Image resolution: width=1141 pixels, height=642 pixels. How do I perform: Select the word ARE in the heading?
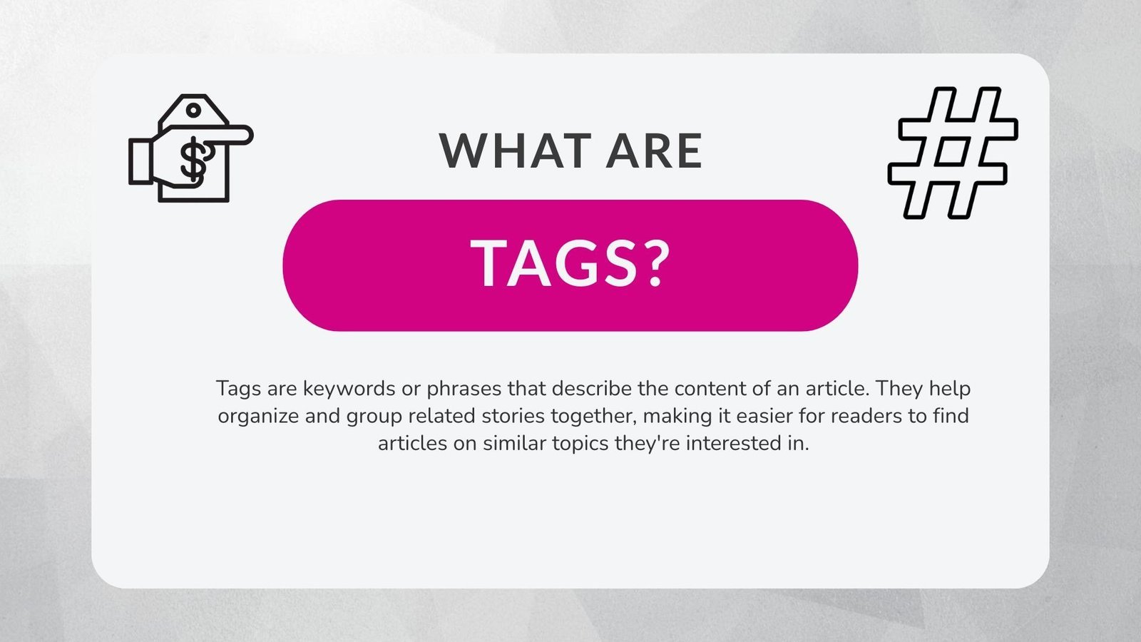click(655, 151)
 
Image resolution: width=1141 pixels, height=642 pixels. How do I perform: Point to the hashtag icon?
click(953, 153)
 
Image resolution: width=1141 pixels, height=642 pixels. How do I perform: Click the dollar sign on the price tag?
click(193, 160)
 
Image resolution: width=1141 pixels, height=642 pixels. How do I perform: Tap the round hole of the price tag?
click(193, 111)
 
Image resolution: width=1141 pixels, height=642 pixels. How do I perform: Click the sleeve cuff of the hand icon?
click(140, 162)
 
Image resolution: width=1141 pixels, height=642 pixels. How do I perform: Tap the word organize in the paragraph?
click(258, 416)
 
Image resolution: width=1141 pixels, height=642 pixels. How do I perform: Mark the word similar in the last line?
click(515, 443)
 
